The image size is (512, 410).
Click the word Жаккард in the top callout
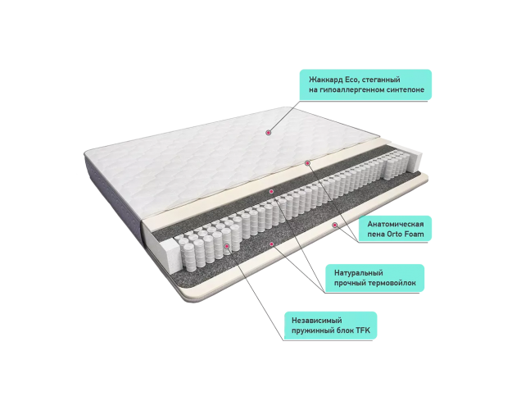321,80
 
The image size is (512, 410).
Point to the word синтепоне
406,89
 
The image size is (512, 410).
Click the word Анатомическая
396,225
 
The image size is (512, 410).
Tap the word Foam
414,234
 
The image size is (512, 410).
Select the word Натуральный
358,273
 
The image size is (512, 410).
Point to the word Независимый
317,321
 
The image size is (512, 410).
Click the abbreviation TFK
363,330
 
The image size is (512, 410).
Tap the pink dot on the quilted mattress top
268,132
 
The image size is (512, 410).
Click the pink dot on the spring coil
227,245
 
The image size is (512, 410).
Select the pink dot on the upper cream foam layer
307,163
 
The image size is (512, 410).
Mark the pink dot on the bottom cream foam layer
335,225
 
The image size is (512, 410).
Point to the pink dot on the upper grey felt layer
270,191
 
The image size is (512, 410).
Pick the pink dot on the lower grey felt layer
271,244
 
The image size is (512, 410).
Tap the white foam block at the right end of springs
415,161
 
